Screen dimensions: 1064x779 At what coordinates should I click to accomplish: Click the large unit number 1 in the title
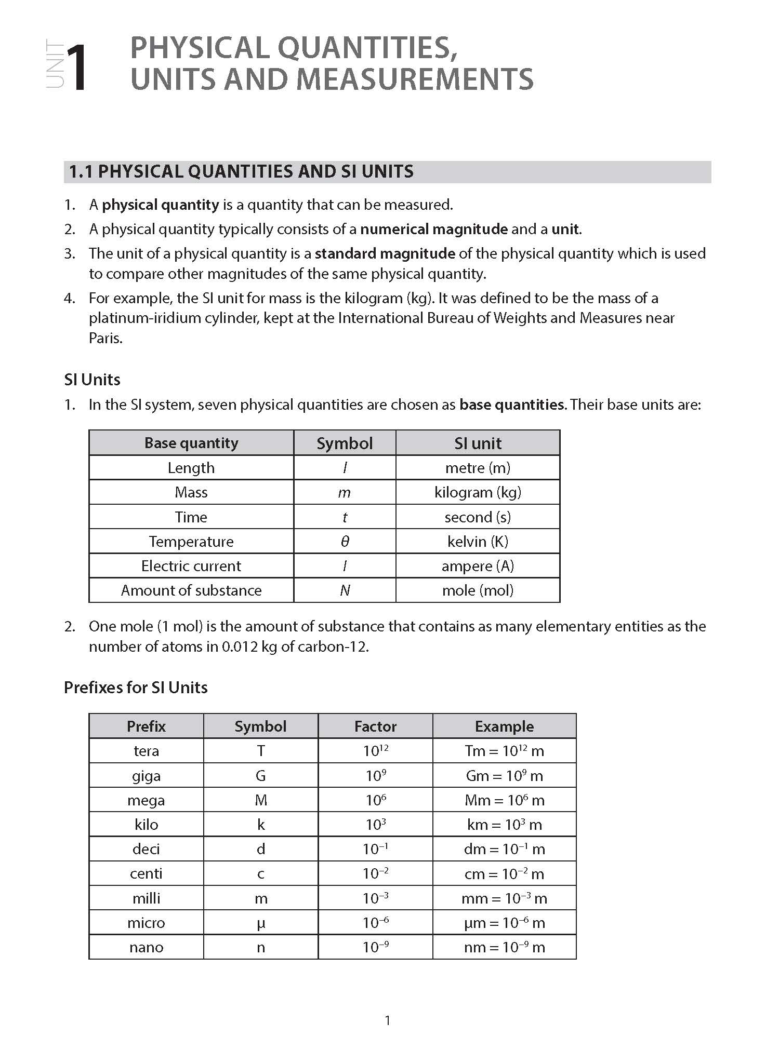pyautogui.click(x=77, y=68)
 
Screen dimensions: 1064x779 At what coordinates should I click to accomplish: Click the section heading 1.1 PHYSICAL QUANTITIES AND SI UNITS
pyautogui.click(x=241, y=172)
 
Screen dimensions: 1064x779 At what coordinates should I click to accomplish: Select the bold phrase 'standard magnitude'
pyautogui.click(x=385, y=253)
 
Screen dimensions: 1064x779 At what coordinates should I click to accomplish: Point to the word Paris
pyautogui.click(x=105, y=338)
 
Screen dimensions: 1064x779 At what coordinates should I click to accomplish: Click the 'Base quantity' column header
pyautogui.click(x=191, y=443)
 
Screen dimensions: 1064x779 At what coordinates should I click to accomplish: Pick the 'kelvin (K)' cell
pyautogui.click(x=478, y=542)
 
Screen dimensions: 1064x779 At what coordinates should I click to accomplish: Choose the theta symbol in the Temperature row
pyautogui.click(x=345, y=542)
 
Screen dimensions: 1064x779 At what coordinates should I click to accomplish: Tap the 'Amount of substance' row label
pyautogui.click(x=191, y=590)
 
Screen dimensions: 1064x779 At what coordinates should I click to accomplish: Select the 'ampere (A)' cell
pyautogui.click(x=478, y=566)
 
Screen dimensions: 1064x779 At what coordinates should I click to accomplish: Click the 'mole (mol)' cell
pyautogui.click(x=478, y=590)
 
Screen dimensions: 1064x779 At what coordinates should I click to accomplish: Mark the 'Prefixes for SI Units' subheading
pyautogui.click(x=136, y=688)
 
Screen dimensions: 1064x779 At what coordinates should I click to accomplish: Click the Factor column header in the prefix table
pyautogui.click(x=375, y=726)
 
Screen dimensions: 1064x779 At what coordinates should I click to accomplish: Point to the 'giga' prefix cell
pyautogui.click(x=146, y=776)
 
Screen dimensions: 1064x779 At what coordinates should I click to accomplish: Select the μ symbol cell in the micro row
pyautogui.click(x=261, y=923)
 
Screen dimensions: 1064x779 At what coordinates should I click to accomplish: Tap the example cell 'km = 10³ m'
pyautogui.click(x=504, y=825)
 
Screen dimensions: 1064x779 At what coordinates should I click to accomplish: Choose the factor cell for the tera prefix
pyautogui.click(x=375, y=751)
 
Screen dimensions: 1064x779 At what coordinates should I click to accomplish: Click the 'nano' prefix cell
pyautogui.click(x=146, y=947)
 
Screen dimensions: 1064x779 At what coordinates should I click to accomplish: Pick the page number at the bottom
pyautogui.click(x=388, y=1021)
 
